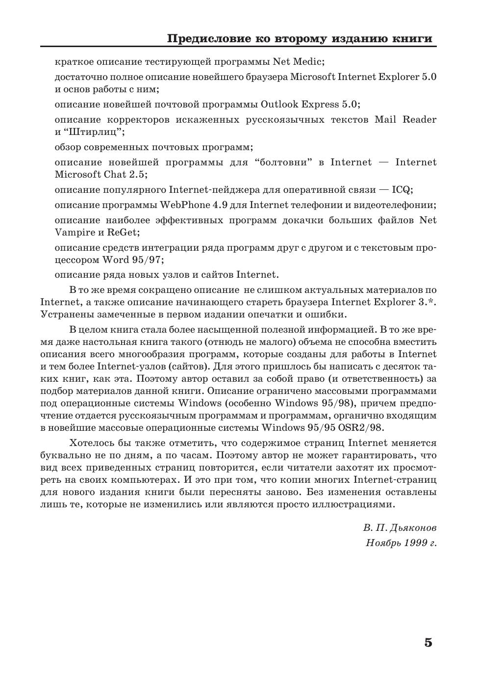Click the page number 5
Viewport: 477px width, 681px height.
pyautogui.click(x=428, y=643)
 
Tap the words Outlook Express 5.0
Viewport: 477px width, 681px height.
pyautogui.click(x=310, y=105)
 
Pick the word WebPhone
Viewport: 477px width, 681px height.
pyautogui.click(x=181, y=205)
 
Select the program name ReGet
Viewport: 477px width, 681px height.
pyautogui.click(x=126, y=233)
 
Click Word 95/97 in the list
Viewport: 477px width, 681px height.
pyautogui.click(x=133, y=260)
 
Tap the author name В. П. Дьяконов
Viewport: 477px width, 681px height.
pyautogui.click(x=400, y=528)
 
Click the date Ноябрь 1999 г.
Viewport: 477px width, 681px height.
pyautogui.click(x=401, y=543)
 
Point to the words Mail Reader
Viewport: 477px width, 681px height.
pyautogui.click(x=405, y=120)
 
